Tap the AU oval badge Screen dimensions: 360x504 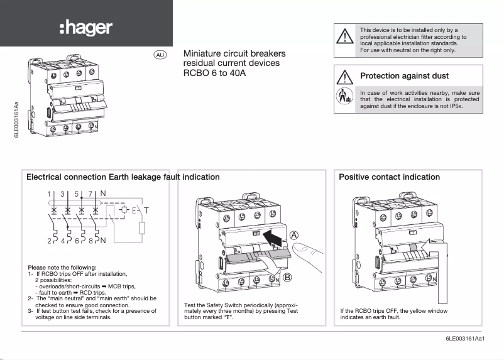tap(160, 55)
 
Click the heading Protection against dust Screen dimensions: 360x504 tap(404, 76)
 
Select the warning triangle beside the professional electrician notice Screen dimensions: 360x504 tap(345, 36)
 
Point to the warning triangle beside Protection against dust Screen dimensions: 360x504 tap(345, 77)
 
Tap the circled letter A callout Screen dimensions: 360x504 tap(293, 236)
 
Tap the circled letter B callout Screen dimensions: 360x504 tap(288, 277)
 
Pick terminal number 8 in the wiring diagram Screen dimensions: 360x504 tap(93, 240)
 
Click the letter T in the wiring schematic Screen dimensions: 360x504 tap(147, 209)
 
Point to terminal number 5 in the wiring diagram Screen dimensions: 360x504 tap(77, 194)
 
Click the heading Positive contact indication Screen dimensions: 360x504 tap(389, 177)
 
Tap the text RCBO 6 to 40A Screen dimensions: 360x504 tap(214, 74)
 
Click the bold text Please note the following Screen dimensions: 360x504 tap(62, 268)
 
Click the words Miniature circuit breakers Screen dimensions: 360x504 tap(234, 54)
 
